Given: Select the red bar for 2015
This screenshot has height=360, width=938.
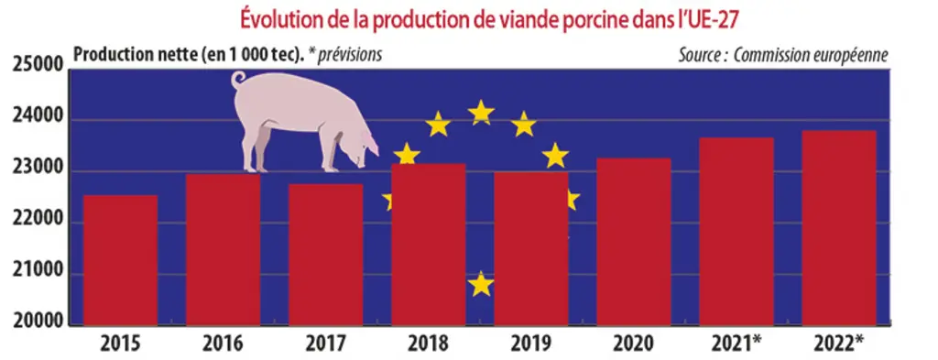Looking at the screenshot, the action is click(x=120, y=260).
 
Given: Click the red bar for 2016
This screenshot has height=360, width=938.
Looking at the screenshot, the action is click(x=224, y=250).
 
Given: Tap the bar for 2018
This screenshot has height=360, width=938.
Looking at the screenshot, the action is click(x=429, y=245).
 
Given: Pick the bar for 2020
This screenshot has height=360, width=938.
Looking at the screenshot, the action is click(x=634, y=242).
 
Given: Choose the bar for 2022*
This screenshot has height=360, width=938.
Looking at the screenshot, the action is click(x=839, y=228).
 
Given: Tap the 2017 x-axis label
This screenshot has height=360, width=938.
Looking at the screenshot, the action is click(x=325, y=344).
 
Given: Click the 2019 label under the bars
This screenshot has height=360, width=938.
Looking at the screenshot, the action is click(x=530, y=344).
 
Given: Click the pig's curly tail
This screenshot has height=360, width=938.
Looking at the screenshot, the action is click(x=239, y=79).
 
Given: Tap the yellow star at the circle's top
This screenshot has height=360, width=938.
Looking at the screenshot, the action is click(x=481, y=113).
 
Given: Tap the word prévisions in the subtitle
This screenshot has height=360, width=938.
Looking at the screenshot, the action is click(x=350, y=55).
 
